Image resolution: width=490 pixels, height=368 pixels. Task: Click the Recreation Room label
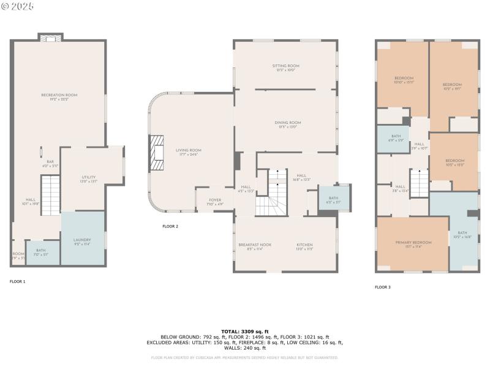[x=59, y=95]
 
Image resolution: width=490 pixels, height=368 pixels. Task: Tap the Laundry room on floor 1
[x=82, y=240]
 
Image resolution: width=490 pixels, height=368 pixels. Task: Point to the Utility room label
[x=89, y=178]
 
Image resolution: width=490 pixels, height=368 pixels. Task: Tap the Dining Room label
[x=287, y=123]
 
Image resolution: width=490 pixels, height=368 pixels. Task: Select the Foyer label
[x=214, y=200]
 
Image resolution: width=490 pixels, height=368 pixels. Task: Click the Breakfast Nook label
[x=255, y=245]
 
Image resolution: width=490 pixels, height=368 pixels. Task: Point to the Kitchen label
[x=305, y=245]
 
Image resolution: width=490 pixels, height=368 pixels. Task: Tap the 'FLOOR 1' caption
[x=17, y=281]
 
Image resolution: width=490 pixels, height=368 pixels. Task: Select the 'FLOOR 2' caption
[x=170, y=226]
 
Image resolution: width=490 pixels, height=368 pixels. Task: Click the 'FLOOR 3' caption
[x=383, y=287]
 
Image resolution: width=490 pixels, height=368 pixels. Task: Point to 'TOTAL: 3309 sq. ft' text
[x=245, y=331]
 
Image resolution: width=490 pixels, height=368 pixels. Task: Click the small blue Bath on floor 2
[x=333, y=198]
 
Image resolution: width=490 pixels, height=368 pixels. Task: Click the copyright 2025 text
[x=18, y=6]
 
